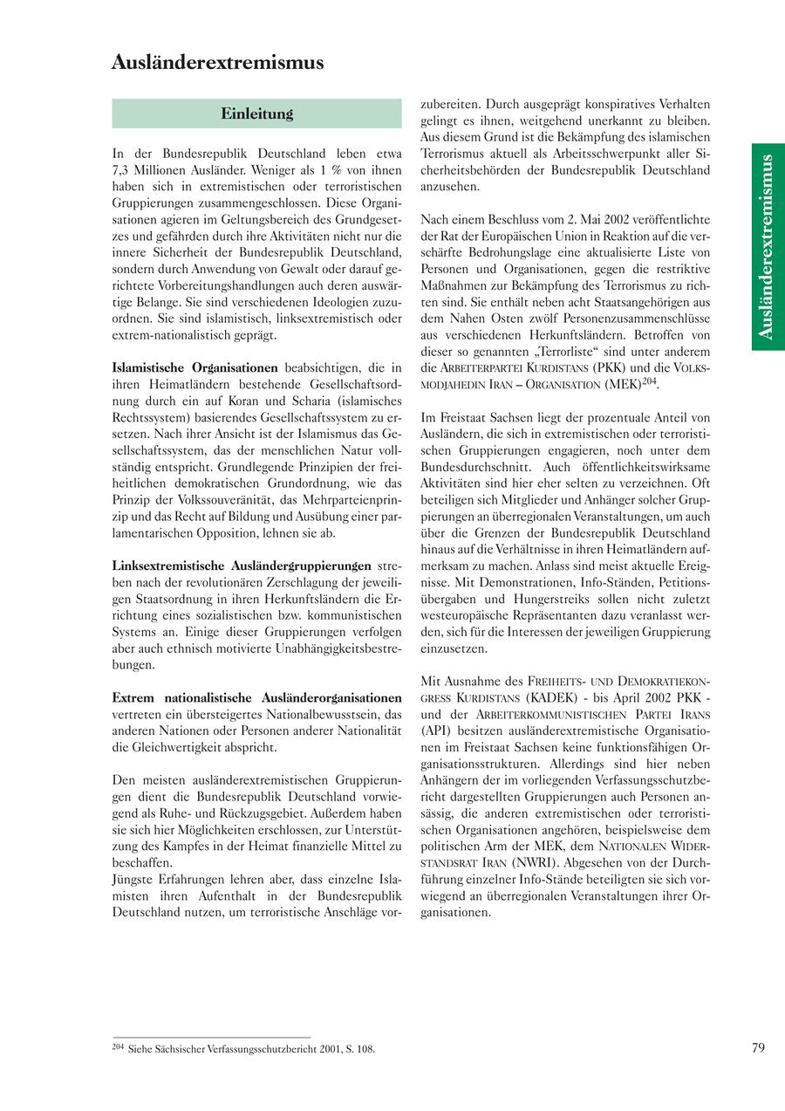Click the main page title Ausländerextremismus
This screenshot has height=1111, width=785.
tap(217, 63)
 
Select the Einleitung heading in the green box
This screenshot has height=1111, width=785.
tap(256, 113)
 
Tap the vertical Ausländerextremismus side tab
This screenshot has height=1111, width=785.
tap(767, 247)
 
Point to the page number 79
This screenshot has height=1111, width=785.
tap(757, 1047)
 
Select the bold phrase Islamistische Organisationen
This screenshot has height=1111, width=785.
tap(195, 368)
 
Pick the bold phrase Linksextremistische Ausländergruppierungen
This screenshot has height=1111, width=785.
tap(242, 566)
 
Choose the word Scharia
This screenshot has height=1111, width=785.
tap(317, 401)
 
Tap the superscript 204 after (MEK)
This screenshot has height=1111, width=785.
tap(649, 381)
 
